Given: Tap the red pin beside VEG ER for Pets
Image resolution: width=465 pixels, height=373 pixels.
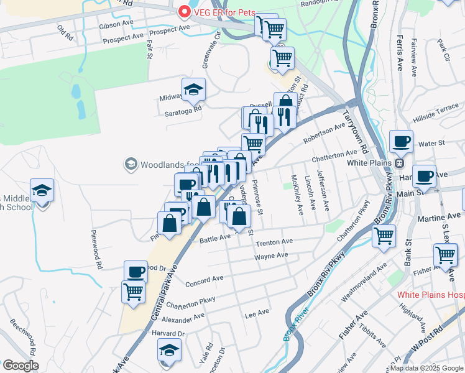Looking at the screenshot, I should click(184, 11).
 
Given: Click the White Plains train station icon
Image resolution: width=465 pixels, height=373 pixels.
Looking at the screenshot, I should click(399, 163).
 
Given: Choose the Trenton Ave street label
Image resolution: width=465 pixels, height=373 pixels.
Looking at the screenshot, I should click(274, 242).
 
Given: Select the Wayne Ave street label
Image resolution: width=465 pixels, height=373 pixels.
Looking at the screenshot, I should click(271, 256).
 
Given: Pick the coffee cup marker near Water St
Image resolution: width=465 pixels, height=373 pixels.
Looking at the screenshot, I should click(401, 141).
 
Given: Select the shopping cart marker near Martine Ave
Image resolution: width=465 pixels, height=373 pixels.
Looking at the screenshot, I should click(384, 236).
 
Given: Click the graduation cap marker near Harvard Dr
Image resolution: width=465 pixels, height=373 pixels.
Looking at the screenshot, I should click(170, 351).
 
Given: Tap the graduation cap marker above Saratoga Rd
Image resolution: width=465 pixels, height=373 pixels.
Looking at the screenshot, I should click(193, 90).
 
